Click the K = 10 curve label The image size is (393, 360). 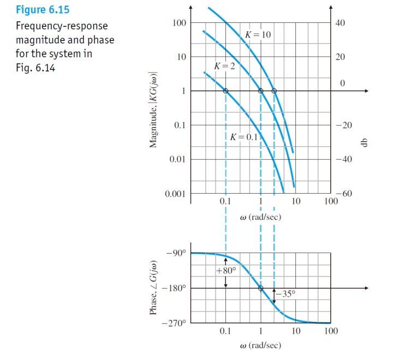coord(258,34)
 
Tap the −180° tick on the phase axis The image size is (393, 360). coord(176,288)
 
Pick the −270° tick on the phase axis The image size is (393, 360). coord(176,323)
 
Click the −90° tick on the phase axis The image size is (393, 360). coord(177,253)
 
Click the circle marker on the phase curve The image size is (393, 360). coord(260,288)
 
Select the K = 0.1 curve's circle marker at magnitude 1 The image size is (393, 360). coord(226,91)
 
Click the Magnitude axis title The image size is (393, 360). coord(154,110)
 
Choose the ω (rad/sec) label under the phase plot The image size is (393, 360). coord(260,346)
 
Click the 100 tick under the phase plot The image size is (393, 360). coord(330,332)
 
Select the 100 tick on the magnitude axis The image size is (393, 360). coord(179,23)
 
